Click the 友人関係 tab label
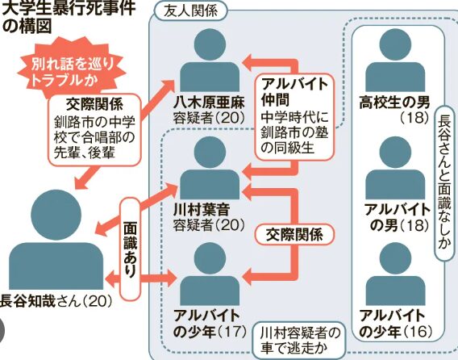click(190, 11)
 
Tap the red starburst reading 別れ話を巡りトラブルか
click(72, 71)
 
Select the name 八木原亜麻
click(209, 103)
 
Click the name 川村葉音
click(202, 209)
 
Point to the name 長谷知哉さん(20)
click(56, 300)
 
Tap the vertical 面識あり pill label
click(130, 249)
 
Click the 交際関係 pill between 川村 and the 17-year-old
click(294, 235)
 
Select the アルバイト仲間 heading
click(294, 91)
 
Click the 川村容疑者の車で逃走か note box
click(300, 340)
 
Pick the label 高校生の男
click(394, 103)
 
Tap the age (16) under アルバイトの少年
click(418, 332)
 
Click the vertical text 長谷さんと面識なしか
click(444, 183)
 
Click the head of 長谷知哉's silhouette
click(56, 215)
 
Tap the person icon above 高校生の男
click(395, 60)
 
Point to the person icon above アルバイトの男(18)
click(395, 167)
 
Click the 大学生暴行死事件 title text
click(69, 7)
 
